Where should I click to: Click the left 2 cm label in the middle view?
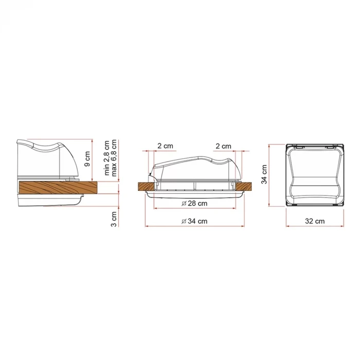click(165, 146)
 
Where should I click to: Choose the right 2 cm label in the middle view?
click(223, 146)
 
